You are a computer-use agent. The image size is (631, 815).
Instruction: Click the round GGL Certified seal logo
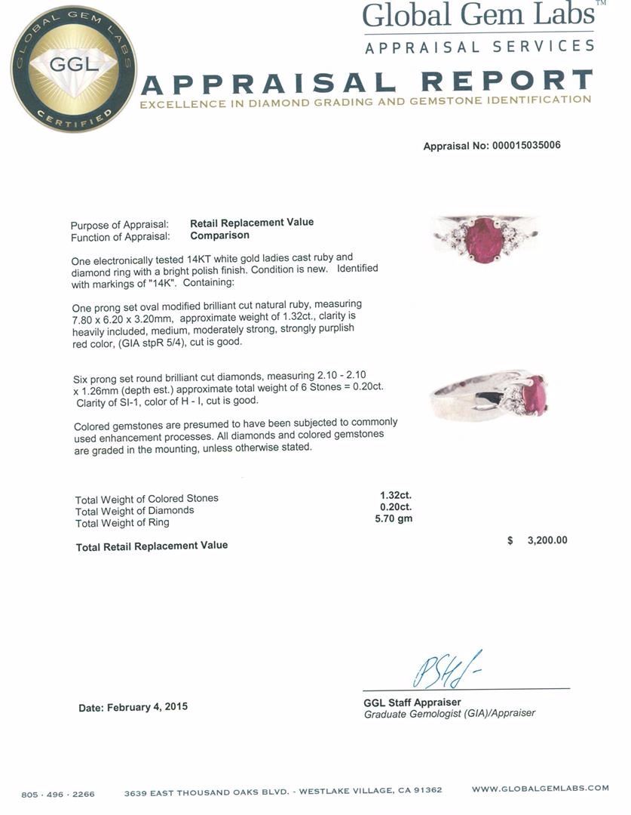click(x=73, y=69)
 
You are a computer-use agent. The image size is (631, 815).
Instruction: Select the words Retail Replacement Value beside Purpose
click(x=251, y=223)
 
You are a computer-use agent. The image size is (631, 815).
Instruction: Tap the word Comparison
click(x=219, y=235)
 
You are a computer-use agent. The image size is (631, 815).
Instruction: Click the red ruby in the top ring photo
click(x=484, y=237)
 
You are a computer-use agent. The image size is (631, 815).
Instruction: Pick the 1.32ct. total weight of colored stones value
click(x=396, y=496)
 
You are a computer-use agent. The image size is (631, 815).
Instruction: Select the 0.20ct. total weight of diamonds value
click(x=396, y=507)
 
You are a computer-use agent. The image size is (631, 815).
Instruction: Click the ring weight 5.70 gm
click(x=394, y=518)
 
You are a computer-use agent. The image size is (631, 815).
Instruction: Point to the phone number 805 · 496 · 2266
click(x=58, y=794)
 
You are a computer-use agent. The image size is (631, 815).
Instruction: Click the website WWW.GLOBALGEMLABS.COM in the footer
click(x=540, y=789)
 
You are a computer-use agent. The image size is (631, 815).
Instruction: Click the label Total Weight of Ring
click(x=122, y=522)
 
